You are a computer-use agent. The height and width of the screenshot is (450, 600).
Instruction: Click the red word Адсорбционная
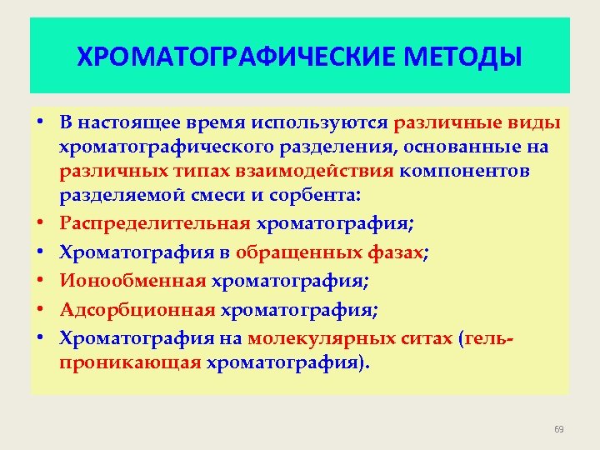pos(138,310)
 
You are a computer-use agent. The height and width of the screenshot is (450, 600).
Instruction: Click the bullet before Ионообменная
pos(39,282)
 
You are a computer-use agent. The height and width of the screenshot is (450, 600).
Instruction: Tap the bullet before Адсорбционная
pos(39,311)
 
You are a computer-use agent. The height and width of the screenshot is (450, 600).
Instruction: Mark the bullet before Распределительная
pos(39,222)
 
